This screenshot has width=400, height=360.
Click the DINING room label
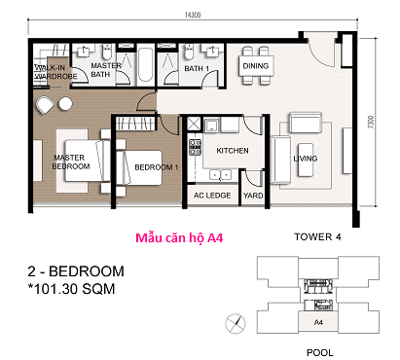(256, 66)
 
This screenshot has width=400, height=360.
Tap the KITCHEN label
(233, 151)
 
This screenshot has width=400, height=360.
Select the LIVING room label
(306, 159)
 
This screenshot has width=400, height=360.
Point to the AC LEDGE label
(212, 196)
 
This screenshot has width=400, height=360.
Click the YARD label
(253, 196)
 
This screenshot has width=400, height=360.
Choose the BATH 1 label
(197, 68)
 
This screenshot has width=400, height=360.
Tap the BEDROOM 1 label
(157, 167)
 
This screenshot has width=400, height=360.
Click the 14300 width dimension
(193, 15)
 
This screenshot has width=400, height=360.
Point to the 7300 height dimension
(371, 122)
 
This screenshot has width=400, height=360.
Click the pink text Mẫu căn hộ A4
(179, 238)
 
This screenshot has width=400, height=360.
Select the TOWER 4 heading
(317, 236)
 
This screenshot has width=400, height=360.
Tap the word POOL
(320, 352)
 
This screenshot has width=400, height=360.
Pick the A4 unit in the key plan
(318, 322)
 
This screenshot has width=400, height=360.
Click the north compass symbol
(236, 324)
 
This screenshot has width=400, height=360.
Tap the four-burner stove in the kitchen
(196, 147)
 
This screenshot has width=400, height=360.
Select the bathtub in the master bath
(145, 65)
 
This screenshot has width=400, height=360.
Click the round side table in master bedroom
(65, 104)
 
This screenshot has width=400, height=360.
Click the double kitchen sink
(220, 174)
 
